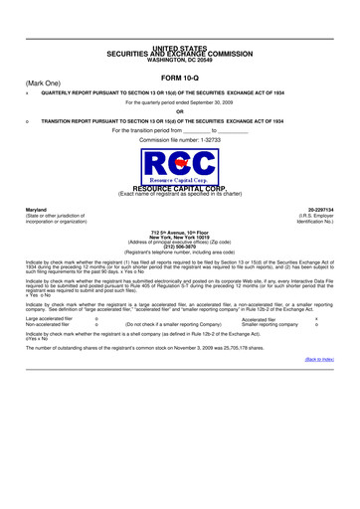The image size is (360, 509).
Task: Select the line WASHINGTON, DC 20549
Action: [179, 61]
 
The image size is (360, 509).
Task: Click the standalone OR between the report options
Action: [179, 111]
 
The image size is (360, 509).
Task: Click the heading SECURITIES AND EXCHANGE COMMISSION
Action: [179, 54]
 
